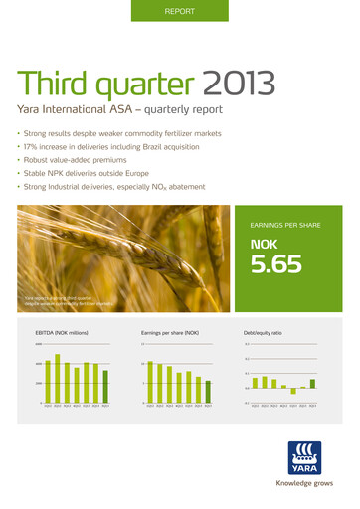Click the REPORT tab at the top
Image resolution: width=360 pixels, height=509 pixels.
click(179, 11)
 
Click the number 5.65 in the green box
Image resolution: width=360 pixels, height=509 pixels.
click(276, 263)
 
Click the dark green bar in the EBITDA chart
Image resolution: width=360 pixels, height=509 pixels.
click(105, 386)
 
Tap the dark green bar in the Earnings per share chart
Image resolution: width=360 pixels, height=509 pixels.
click(208, 391)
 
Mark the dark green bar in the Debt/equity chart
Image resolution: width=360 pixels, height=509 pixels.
click(312, 383)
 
